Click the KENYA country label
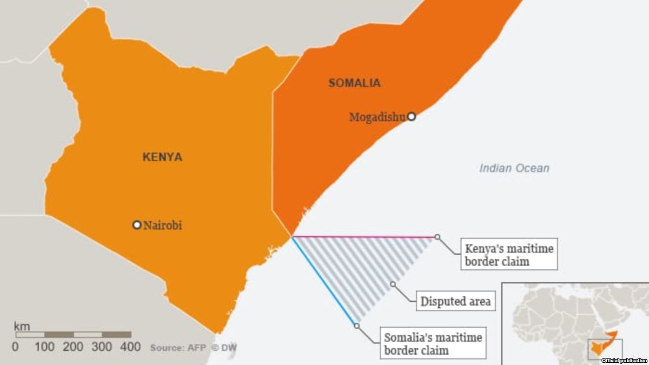point(162,157)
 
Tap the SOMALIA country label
point(354,83)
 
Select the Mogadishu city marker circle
point(412,116)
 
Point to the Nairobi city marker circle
point(137,225)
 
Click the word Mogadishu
point(377,117)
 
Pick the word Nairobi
point(163,225)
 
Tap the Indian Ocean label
point(514,168)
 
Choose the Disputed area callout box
point(455,301)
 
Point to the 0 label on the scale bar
point(15,347)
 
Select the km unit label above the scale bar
point(22,326)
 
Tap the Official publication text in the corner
point(624,360)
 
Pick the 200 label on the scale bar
point(73,347)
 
